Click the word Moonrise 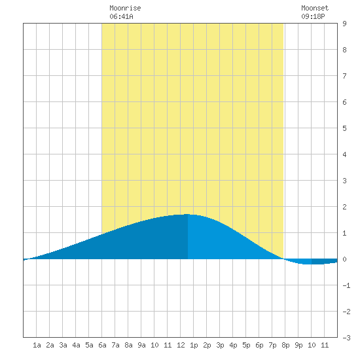coord(125,8)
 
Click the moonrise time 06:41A coord(121,16)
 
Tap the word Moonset coord(315,8)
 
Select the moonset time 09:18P coord(313,16)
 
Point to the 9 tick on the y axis coord(344,24)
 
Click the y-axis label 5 coord(344,128)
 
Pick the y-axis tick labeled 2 coord(344,207)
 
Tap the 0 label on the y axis coord(344,259)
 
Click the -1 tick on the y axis coord(346,285)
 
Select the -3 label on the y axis coord(346,338)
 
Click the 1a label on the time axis coord(37,345)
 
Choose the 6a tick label coord(102,345)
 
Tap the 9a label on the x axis coord(141,345)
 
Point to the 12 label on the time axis coord(181,345)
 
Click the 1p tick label coord(194,345)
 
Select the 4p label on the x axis coord(233,345)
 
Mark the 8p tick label coord(285,345)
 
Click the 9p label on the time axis coord(298,345)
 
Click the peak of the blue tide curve coord(188,214)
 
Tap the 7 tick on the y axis coord(344,76)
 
